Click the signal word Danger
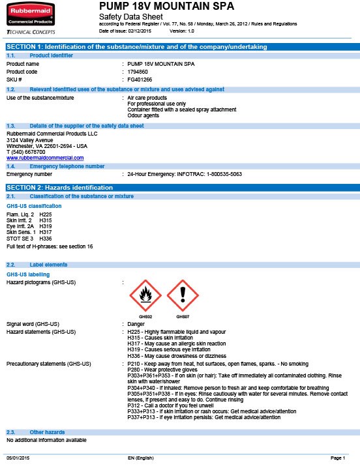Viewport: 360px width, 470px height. tap(136, 324)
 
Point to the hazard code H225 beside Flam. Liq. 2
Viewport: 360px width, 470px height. tap(45, 213)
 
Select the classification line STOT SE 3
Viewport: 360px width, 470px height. tap(20, 239)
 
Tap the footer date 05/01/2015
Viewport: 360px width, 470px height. tap(18, 459)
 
